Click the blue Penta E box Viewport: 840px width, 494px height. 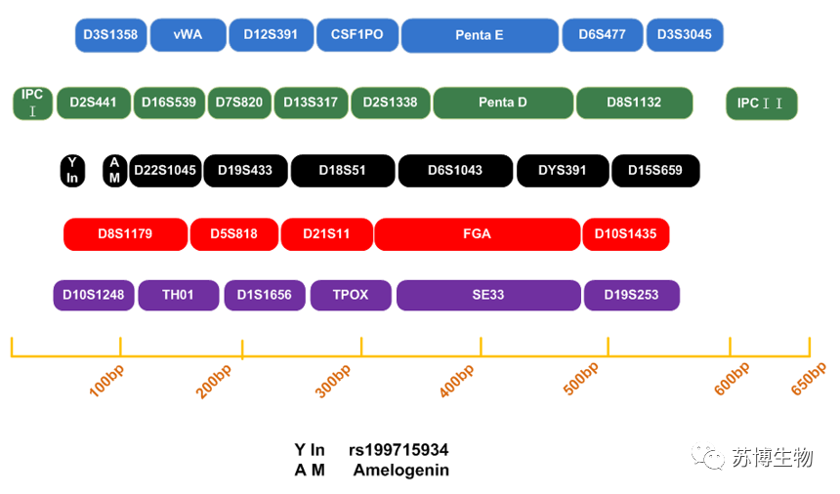tap(480, 35)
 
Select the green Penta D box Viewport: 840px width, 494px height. tap(503, 103)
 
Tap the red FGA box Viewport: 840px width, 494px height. tap(477, 234)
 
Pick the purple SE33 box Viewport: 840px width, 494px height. tap(488, 295)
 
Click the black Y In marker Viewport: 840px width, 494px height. tap(72, 171)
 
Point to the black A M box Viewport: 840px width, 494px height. tap(114, 171)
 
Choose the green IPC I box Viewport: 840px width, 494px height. tap(32, 103)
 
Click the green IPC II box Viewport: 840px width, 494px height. tap(761, 103)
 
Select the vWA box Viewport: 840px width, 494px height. tap(189, 35)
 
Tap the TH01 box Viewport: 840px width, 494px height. tap(179, 295)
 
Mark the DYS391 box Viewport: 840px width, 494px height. tap(563, 171)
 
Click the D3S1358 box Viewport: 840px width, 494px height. tap(111, 35)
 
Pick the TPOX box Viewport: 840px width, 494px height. tap(351, 295)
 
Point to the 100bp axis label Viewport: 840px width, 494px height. tap(106, 381)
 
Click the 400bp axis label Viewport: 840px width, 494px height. tap(457, 381)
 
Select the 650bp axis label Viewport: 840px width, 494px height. tap(809, 379)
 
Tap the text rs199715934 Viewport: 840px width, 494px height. tap(399, 449)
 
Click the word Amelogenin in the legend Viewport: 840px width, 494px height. tap(401, 470)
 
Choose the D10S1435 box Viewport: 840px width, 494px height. tap(626, 234)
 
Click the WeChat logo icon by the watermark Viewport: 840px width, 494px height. tap(708, 457)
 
